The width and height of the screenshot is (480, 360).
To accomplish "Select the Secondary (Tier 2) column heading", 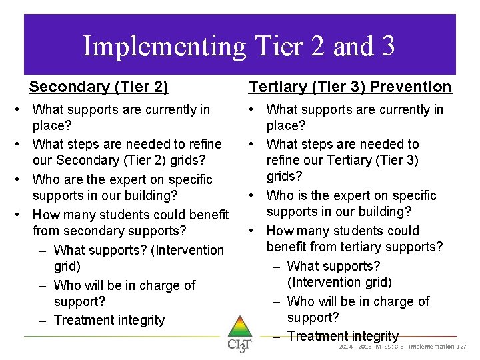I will (x=99, y=87).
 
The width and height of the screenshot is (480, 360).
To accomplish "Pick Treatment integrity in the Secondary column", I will (x=109, y=320).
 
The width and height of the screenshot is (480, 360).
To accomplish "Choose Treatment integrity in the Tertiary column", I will (x=343, y=336).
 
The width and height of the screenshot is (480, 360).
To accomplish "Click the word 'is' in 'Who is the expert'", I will (x=304, y=195).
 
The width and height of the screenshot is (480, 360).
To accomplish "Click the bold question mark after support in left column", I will (x=103, y=302).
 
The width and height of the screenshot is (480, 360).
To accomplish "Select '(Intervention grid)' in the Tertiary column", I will (x=339, y=283).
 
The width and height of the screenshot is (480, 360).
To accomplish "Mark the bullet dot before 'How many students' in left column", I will (x=24, y=215).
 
